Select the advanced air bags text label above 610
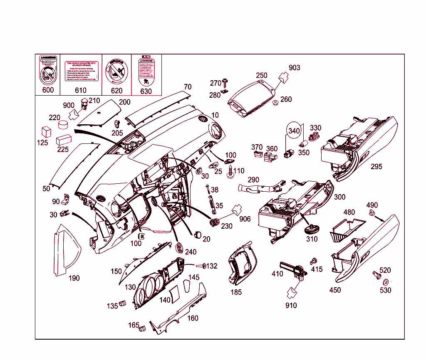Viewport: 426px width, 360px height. point(82,71)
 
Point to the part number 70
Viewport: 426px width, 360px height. point(188,87)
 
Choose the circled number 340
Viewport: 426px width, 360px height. point(294,131)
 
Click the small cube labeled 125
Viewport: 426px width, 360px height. point(45,132)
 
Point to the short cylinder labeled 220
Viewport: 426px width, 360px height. point(63,125)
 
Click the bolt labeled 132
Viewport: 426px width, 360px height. point(200,266)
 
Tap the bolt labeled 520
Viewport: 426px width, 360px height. point(376,275)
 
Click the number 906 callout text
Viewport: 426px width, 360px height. point(245,219)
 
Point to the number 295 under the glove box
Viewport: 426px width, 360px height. point(376,167)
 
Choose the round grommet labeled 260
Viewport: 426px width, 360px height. point(275,102)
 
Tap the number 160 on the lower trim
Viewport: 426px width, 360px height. point(193,318)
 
